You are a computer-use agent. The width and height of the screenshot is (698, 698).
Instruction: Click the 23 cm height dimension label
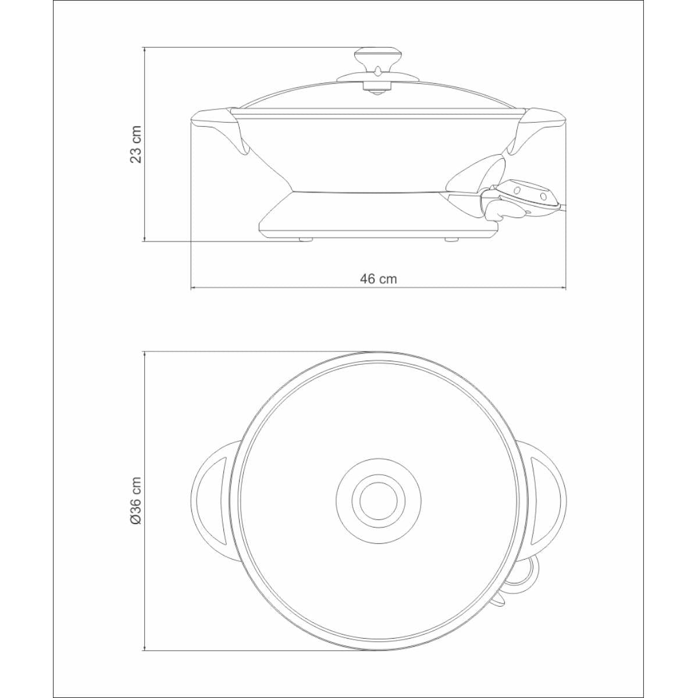pyautogui.click(x=136, y=144)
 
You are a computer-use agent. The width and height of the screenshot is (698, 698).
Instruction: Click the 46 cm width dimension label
pyautogui.click(x=379, y=279)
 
